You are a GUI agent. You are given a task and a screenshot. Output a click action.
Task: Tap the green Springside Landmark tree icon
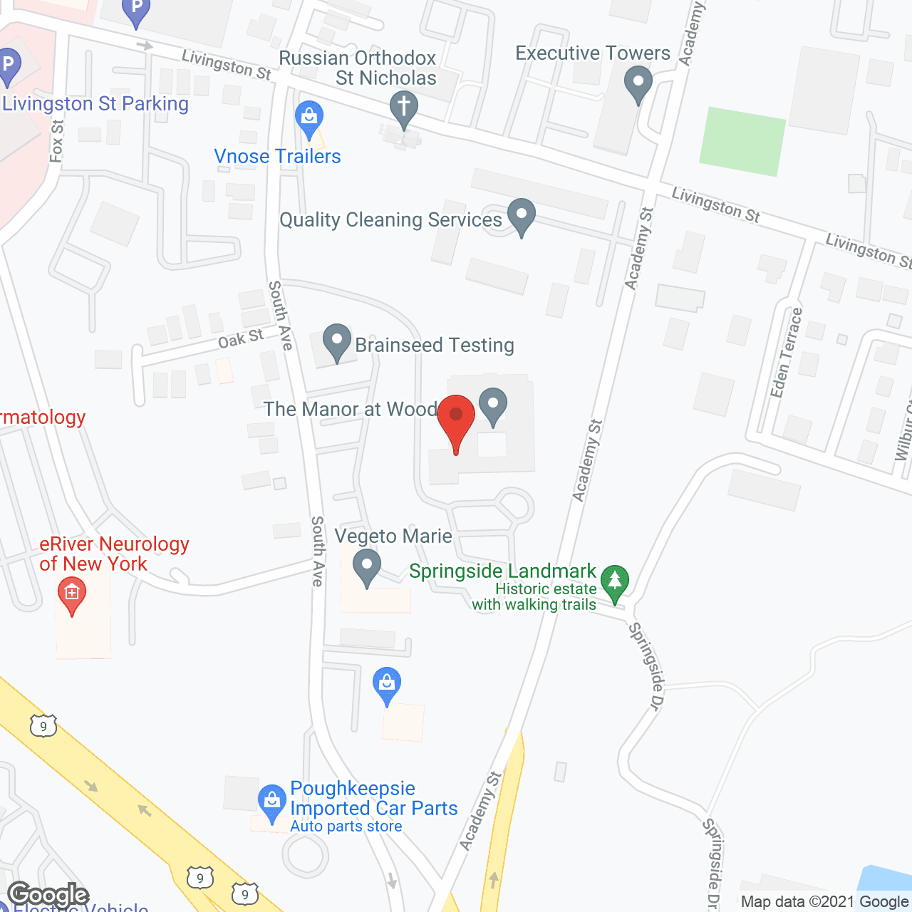[614, 582]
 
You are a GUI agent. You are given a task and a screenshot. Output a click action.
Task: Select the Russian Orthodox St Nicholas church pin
[404, 110]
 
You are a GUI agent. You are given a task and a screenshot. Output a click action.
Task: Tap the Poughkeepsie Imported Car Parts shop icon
[271, 803]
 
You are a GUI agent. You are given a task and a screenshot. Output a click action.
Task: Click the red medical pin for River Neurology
[71, 596]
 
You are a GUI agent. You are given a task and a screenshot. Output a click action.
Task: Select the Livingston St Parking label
[95, 104]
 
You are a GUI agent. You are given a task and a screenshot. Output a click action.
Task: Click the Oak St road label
[241, 339]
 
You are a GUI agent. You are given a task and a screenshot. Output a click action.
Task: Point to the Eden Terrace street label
[786, 352]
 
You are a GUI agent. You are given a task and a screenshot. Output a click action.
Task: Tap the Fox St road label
[57, 140]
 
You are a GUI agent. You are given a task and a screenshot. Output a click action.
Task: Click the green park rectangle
[742, 141]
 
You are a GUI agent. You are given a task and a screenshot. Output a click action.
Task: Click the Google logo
[48, 895]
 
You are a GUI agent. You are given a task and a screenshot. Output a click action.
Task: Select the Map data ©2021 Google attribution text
[824, 902]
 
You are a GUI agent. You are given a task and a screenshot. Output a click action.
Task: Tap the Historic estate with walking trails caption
[534, 597]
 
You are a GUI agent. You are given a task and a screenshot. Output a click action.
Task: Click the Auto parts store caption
[346, 826]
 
